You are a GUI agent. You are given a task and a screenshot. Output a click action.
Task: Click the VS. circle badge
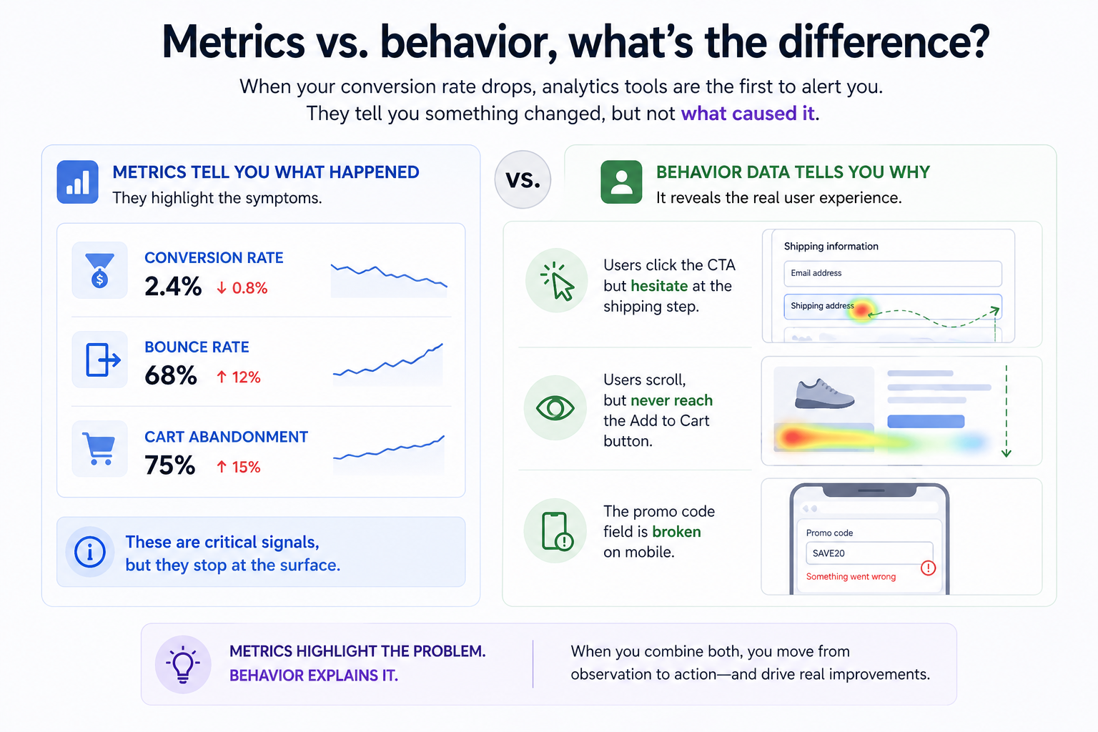point(523,179)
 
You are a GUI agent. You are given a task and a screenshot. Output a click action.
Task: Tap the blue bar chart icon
point(78,182)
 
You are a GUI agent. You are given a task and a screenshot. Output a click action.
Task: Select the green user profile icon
point(621,182)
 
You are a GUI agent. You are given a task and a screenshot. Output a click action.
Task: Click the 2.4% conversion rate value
point(173,287)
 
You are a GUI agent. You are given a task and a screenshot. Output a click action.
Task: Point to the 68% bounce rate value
point(171,375)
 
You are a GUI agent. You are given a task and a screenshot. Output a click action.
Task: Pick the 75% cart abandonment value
point(170,465)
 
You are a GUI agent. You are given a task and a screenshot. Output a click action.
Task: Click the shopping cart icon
point(99,449)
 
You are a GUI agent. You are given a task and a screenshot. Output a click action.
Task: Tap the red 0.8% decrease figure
point(242,288)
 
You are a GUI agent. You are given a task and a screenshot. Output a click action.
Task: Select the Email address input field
point(892,273)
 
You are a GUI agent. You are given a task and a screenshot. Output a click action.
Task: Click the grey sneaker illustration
point(824,394)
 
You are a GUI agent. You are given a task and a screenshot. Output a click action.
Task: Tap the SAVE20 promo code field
point(869,553)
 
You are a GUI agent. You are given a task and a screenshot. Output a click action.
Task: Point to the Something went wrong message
point(851,577)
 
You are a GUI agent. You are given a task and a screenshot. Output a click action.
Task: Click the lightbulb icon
point(183,664)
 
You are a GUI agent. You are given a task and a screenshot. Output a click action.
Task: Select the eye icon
point(555,408)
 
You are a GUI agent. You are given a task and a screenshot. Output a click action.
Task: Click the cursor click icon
point(557,281)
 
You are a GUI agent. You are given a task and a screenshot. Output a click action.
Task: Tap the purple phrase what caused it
point(748,114)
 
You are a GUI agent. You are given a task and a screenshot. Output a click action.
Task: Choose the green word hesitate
point(659,286)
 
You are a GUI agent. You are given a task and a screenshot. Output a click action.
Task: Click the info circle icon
point(90,552)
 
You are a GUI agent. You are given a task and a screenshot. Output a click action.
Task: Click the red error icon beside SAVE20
point(928,568)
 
